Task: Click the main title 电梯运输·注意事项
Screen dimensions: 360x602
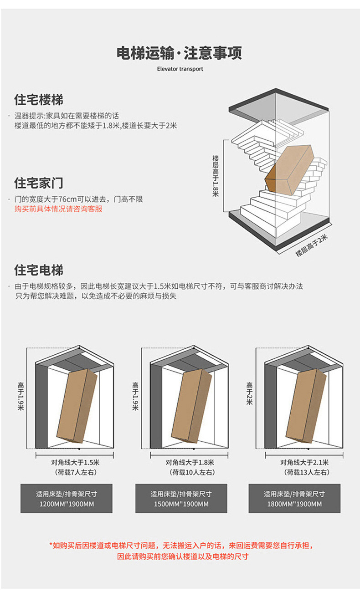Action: [x=180, y=53]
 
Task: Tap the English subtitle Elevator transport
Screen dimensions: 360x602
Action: [x=180, y=69]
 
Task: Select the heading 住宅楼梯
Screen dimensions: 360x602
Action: [x=39, y=100]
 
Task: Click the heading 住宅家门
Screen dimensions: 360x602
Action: [x=39, y=183]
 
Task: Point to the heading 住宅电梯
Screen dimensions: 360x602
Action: [x=39, y=270]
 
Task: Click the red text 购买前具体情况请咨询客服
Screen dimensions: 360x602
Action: [x=58, y=209]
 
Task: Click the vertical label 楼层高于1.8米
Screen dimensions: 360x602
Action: [x=216, y=175]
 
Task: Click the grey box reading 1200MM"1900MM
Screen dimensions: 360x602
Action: [x=66, y=499]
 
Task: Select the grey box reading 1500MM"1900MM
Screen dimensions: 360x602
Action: [x=181, y=499]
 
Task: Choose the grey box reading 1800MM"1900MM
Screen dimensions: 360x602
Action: [x=294, y=499]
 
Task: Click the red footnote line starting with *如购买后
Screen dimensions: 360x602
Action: [x=181, y=545]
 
